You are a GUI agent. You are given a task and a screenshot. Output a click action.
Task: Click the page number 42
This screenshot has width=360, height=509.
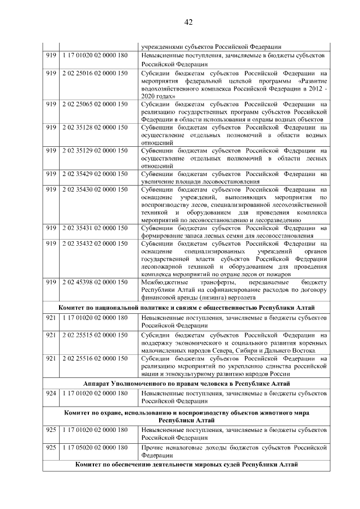[x=188, y=22]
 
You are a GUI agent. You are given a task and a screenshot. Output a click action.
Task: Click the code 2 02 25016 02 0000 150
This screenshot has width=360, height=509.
[x=95, y=73]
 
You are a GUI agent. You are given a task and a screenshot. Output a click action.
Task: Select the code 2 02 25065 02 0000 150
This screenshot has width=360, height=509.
[x=95, y=104]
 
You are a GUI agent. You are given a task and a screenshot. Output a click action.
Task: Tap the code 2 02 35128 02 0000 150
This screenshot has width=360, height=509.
[x=95, y=128]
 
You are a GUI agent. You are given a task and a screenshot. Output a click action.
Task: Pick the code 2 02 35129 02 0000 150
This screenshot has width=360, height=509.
[x=95, y=151]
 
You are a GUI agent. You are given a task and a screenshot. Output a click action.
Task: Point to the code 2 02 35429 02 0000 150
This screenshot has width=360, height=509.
[x=95, y=174]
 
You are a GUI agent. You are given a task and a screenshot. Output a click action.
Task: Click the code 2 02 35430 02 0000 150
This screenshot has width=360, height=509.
[x=95, y=190]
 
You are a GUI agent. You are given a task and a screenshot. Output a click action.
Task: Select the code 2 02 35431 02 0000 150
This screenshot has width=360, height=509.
[x=95, y=228]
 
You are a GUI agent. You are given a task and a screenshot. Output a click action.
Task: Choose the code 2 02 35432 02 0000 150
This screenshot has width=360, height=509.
[x=95, y=244]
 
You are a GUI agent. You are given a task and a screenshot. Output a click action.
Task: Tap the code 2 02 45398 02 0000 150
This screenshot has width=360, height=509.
[x=95, y=281]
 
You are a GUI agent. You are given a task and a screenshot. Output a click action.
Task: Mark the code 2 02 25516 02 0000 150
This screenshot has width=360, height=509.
[x=95, y=358]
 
